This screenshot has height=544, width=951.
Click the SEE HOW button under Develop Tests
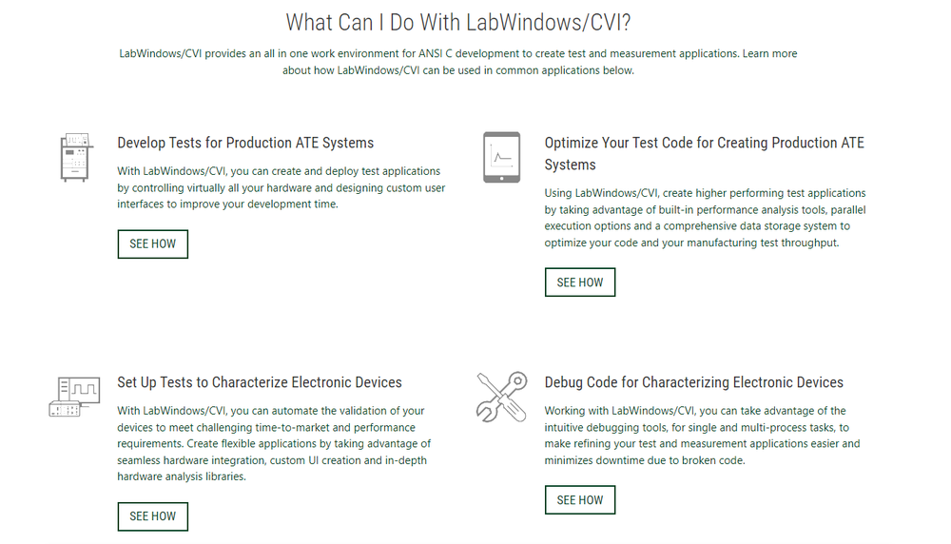(152, 243)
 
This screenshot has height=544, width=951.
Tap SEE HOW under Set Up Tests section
(152, 515)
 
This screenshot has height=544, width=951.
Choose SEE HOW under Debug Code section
(579, 499)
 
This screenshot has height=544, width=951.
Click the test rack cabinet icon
(73, 157)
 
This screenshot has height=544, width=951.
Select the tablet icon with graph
(501, 157)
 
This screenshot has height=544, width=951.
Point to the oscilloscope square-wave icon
(73, 397)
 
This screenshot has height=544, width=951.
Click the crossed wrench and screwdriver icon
(501, 397)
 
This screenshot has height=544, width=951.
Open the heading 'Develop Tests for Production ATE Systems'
(245, 143)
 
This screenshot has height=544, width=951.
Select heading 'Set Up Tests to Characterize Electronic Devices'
(260, 382)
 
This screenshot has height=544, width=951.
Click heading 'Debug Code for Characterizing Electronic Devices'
(693, 382)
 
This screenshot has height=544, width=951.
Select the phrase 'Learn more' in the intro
(769, 53)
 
